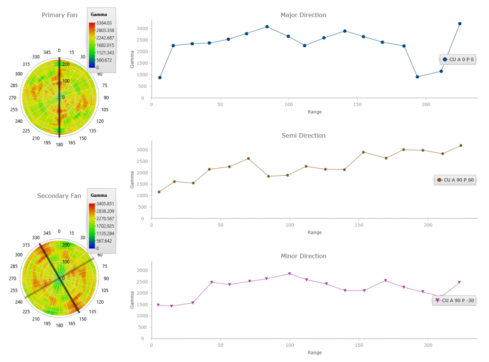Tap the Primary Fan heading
(59, 15)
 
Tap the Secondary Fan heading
(59, 195)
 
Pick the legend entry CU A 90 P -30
(457, 300)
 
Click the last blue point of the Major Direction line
(460, 23)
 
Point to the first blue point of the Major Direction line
(160, 77)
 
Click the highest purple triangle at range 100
(289, 274)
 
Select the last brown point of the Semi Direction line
(461, 146)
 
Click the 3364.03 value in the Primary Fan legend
(104, 23)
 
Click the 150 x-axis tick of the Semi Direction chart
(359, 225)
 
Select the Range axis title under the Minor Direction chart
(315, 352)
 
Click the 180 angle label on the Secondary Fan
(59, 325)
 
